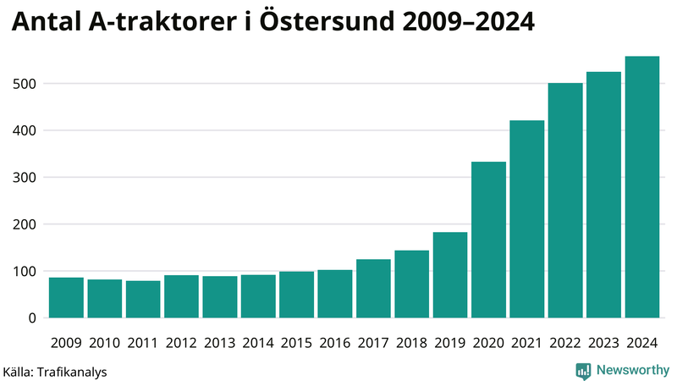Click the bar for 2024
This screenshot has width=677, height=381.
tap(641, 187)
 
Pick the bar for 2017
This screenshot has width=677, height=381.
tap(373, 289)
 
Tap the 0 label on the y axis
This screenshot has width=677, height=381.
tap(31, 318)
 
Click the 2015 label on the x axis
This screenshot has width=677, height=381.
tap(296, 342)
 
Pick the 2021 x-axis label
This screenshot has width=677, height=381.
tap(526, 342)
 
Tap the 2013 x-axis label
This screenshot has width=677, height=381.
tap(219, 342)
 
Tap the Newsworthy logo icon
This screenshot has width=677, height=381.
tap(583, 370)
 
